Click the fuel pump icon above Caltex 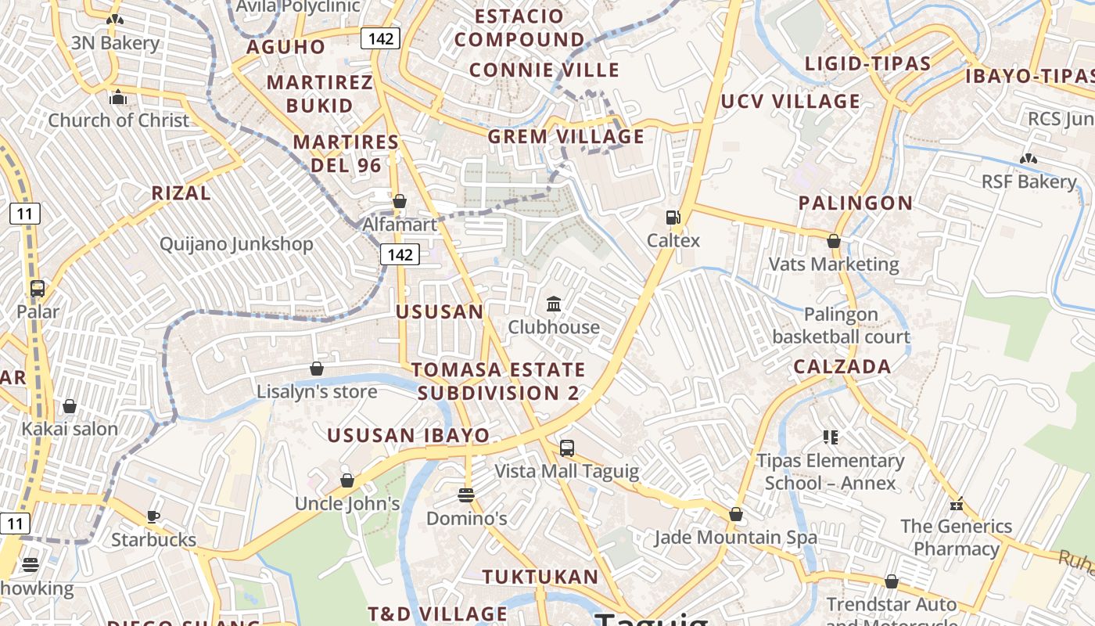[672, 218]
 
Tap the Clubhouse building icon [554, 304]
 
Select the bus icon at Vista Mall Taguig [567, 448]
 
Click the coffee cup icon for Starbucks [153, 516]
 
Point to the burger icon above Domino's [466, 495]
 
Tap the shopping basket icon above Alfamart [399, 201]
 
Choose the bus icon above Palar [38, 288]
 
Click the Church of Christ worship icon [118, 97]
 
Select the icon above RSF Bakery [1028, 159]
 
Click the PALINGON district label [856, 203]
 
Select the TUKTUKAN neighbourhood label [540, 577]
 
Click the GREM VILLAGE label [566, 137]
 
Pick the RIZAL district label [181, 193]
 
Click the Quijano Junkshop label [236, 244]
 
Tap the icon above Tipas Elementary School [831, 437]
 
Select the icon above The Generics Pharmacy [955, 503]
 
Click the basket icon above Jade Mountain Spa [735, 514]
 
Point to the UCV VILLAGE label [790, 102]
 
